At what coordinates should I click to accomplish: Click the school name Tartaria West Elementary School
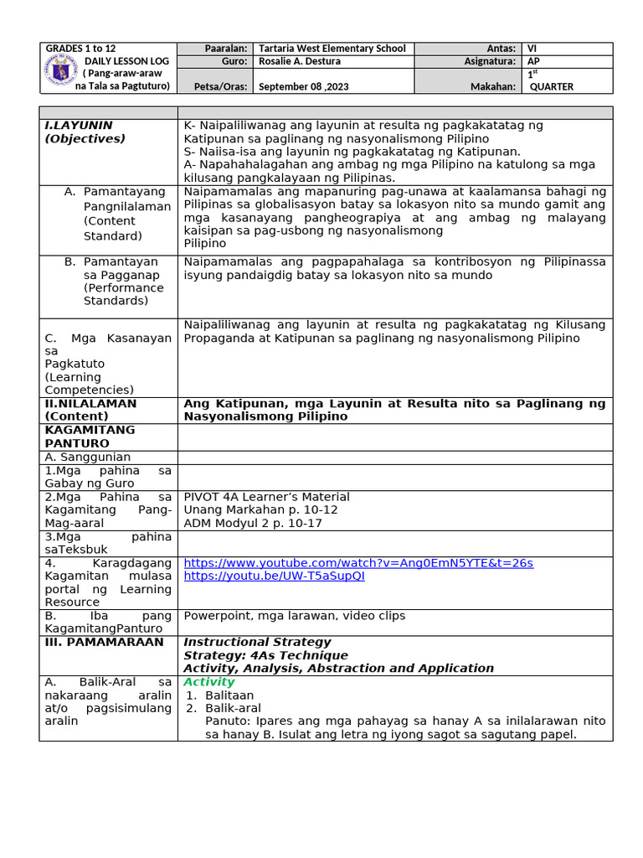click(332, 49)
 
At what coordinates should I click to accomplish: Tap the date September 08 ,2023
click(309, 86)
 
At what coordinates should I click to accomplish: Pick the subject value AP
click(533, 61)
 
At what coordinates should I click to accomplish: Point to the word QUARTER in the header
click(552, 86)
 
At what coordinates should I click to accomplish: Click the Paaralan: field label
click(226, 49)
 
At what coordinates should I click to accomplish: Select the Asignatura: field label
click(490, 61)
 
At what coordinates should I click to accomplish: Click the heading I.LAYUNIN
click(79, 125)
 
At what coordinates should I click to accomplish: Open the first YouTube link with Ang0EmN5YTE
click(358, 563)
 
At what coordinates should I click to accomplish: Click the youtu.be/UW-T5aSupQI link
click(274, 576)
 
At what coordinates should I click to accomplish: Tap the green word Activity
click(209, 682)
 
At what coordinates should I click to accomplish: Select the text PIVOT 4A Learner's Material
click(266, 497)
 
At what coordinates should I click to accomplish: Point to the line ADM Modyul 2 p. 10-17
click(253, 523)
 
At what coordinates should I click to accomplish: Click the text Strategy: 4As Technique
click(265, 655)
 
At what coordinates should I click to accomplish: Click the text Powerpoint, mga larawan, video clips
click(294, 616)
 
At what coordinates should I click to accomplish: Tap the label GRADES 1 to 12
click(81, 49)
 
